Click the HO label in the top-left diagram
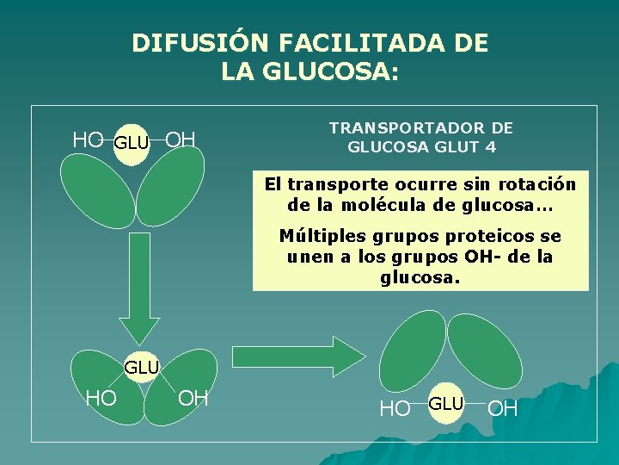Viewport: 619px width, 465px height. pos(88,139)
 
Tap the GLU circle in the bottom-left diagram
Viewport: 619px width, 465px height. pos(142,368)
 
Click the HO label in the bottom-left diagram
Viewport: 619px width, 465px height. pos(101,397)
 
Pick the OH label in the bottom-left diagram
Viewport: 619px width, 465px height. pos(193,397)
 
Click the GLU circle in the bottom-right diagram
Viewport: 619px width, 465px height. pos(446,404)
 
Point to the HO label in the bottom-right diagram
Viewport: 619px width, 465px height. pos(395,409)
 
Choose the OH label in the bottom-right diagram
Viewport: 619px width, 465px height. pos(503,409)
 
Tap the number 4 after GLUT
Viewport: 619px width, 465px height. pos(491,146)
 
